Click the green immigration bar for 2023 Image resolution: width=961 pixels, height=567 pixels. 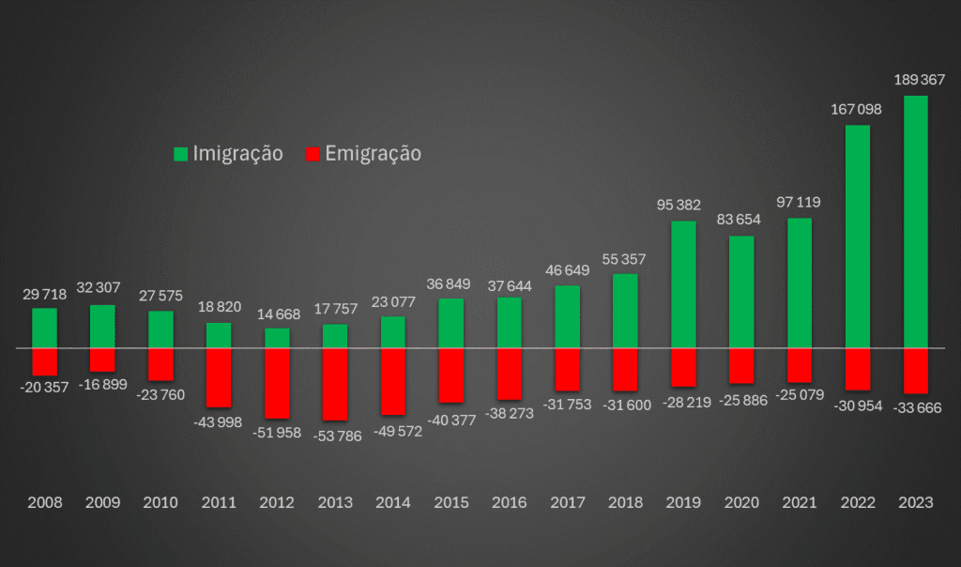(915, 222)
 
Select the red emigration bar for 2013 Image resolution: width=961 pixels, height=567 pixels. (335, 384)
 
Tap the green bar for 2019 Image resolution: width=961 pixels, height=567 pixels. (683, 284)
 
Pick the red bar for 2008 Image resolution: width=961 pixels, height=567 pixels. (45, 361)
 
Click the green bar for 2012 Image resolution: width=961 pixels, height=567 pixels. (277, 338)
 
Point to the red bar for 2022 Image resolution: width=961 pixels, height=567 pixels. (857, 369)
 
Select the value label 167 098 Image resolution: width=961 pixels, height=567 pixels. (857, 109)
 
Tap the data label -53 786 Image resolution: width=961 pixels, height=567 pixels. (335, 436)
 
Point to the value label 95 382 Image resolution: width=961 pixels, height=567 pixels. (683, 205)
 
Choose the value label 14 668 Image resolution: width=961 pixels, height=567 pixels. (277, 314)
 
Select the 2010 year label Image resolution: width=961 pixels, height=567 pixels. (160, 502)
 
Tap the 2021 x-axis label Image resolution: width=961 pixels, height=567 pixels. (799, 502)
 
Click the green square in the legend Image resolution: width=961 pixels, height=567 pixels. (181, 154)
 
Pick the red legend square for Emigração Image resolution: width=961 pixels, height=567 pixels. (314, 154)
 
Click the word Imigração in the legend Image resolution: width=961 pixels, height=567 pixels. (237, 154)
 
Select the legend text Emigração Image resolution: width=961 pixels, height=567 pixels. (374, 154)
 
